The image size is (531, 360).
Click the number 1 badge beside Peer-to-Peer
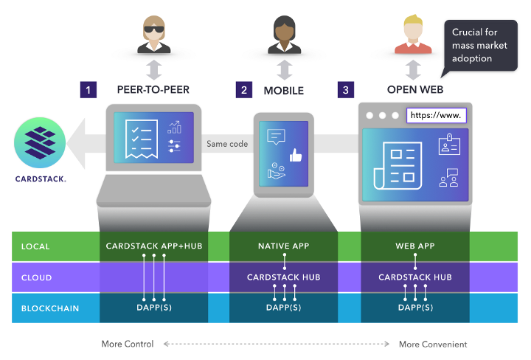(88, 90)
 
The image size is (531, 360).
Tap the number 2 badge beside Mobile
(243, 90)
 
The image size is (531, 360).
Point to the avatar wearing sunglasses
(154, 35)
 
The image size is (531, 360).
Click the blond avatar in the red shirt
(413, 35)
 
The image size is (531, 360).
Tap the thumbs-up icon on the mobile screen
(296, 156)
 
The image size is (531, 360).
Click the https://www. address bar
(437, 115)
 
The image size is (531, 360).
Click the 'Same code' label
(227, 144)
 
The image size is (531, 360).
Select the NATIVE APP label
(284, 246)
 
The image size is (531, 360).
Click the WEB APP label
(414, 246)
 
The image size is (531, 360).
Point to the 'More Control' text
(128, 345)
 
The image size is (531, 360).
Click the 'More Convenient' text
(433, 345)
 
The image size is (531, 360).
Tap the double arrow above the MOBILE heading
(284, 70)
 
